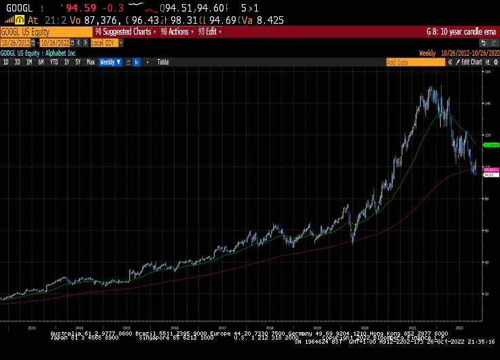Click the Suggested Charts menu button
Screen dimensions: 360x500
pyautogui.click(x=126, y=31)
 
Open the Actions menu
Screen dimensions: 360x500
pyautogui.click(x=177, y=31)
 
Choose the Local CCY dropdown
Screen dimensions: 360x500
pyautogui.click(x=106, y=42)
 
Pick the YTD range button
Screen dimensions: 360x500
pyautogui.click(x=54, y=62)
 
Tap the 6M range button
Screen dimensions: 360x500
pyautogui.click(x=41, y=62)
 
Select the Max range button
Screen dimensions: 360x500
pyautogui.click(x=90, y=62)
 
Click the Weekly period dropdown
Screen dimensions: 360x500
pyautogui.click(x=110, y=62)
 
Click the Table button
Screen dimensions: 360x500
pyautogui.click(x=163, y=62)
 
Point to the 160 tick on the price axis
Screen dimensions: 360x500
pyautogui.click(x=487, y=71)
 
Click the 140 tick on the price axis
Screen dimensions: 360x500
pyautogui.click(x=487, y=103)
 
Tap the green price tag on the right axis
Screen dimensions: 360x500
pyautogui.click(x=490, y=145)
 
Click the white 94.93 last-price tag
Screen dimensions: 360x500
pyautogui.click(x=489, y=175)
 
